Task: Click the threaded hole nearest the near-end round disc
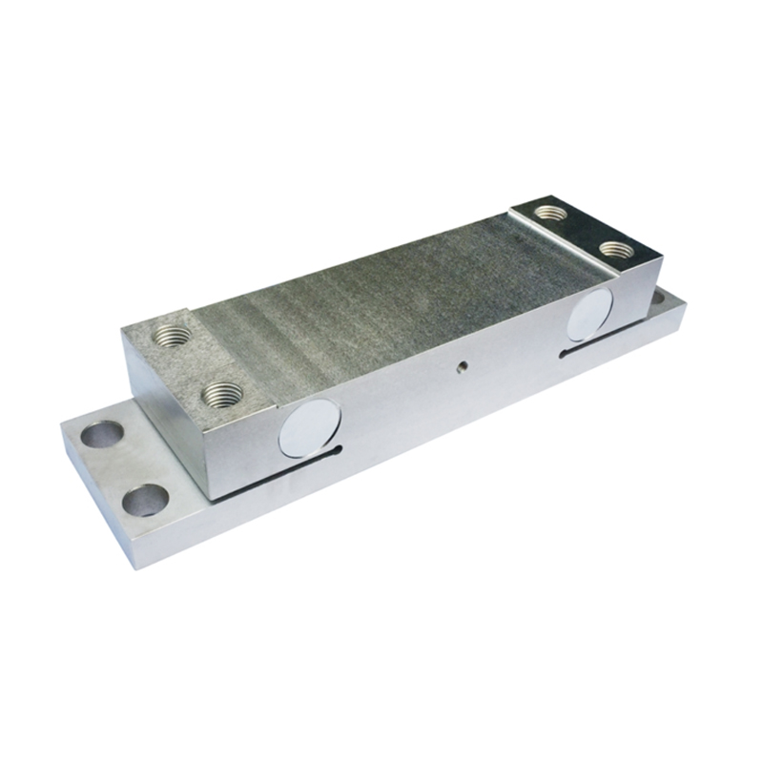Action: [x=222, y=393]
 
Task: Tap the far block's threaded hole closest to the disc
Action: [x=615, y=250]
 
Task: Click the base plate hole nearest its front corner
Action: [x=146, y=499]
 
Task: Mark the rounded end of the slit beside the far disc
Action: [x=563, y=354]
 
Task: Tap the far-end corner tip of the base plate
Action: [x=685, y=302]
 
